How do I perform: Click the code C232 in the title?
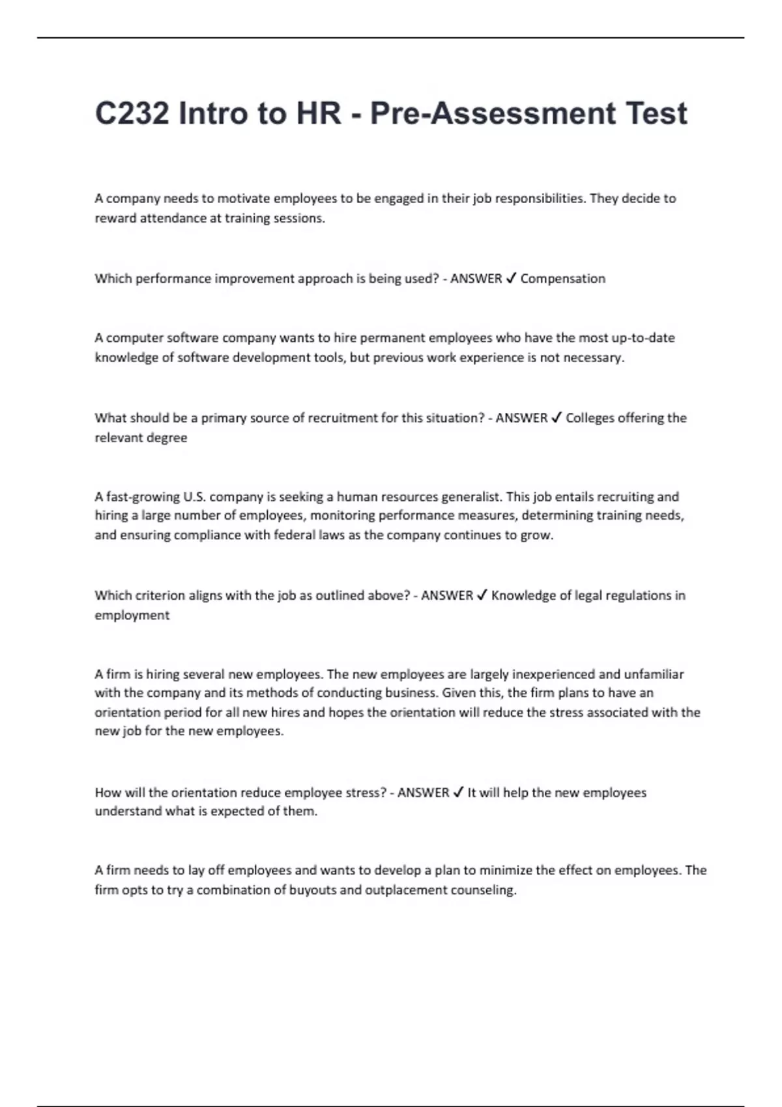click(x=132, y=113)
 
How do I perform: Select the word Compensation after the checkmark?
click(x=562, y=279)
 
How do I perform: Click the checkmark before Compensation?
click(x=511, y=279)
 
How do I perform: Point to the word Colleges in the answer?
click(x=589, y=418)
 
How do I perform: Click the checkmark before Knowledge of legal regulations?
click(x=482, y=595)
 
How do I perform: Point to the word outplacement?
click(x=405, y=890)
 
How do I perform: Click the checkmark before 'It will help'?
click(x=458, y=792)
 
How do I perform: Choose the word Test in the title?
click(x=656, y=113)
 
